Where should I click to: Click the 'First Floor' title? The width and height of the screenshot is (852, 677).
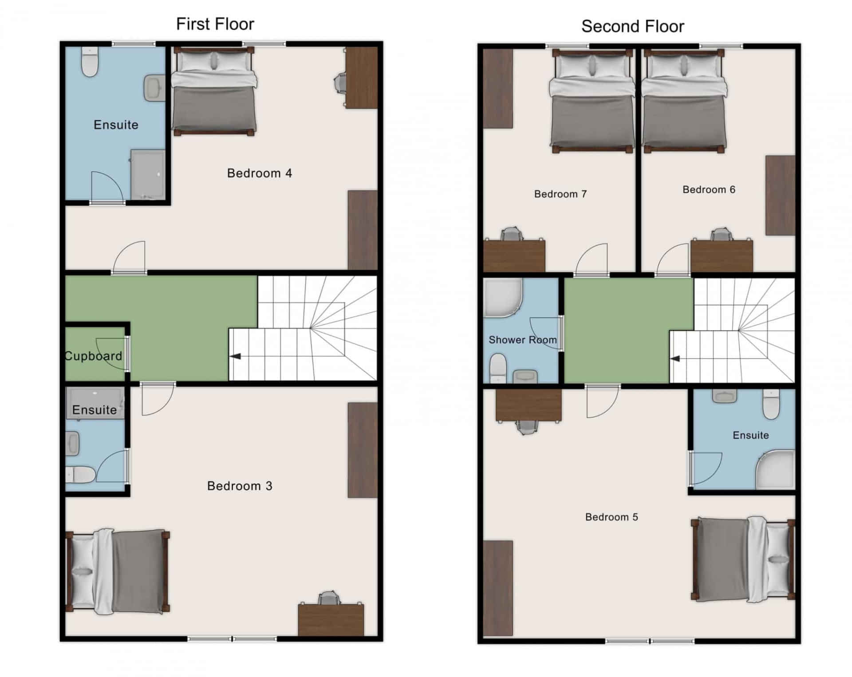pos(215,24)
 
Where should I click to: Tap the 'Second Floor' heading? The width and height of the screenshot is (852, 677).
pos(632,27)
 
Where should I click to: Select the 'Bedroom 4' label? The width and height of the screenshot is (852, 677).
pos(259,173)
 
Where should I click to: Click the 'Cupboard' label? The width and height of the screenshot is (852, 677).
pos(93,356)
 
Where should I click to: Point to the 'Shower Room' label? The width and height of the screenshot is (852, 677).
pos(522,340)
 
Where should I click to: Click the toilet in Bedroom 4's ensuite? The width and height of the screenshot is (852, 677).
pos(90,62)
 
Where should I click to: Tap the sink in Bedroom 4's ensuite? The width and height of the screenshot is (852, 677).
pos(154,87)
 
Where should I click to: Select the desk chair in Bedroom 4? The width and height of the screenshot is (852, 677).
pos(339,83)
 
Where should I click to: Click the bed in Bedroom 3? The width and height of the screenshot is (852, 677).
pos(118,571)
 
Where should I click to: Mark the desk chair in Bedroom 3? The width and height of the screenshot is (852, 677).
pos(329,598)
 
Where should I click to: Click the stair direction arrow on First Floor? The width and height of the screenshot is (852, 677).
pos(235,356)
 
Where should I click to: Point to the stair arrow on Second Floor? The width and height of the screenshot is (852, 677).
pos(675,358)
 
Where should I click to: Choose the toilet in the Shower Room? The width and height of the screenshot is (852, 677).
pos(498,367)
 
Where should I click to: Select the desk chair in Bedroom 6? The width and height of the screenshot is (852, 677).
pos(722,235)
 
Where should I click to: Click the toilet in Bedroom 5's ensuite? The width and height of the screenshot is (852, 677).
pos(771,404)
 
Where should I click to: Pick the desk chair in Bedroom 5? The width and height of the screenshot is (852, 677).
pos(527,426)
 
